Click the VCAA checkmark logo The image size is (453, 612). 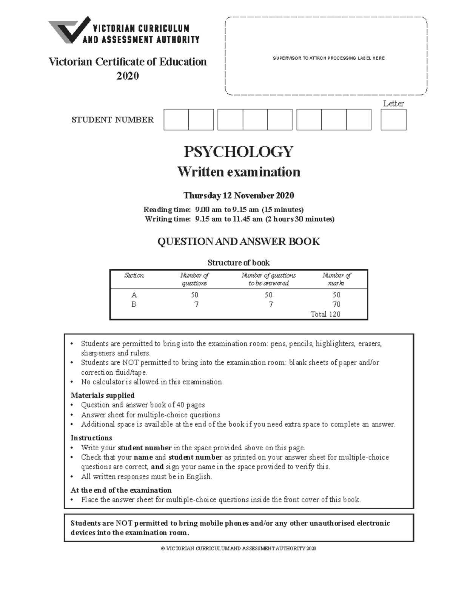pos(70,30)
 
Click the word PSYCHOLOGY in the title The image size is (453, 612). pos(238,152)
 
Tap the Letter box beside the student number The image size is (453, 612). pos(393,120)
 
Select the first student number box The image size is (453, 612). pos(176,120)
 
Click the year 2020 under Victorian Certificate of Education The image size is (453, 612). pos(128,76)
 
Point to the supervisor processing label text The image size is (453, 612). pos(328,58)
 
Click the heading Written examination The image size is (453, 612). pos(239,172)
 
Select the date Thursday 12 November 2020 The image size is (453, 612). pos(239,196)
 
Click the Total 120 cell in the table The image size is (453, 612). pos(325,314)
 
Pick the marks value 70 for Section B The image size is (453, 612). pos(336,304)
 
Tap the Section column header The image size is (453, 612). pos(134,275)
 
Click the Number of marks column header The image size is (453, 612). pos(336,279)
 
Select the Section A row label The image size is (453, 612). pos(134,295)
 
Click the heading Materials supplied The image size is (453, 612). pos(103,395)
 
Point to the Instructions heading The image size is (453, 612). pos(91,438)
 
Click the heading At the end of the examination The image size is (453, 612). pos(121,490)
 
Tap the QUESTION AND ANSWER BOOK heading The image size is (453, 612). pos(239,242)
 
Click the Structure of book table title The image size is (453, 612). pos(239,263)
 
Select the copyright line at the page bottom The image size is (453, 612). pos(239,549)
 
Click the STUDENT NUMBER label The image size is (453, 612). pos(112,120)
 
